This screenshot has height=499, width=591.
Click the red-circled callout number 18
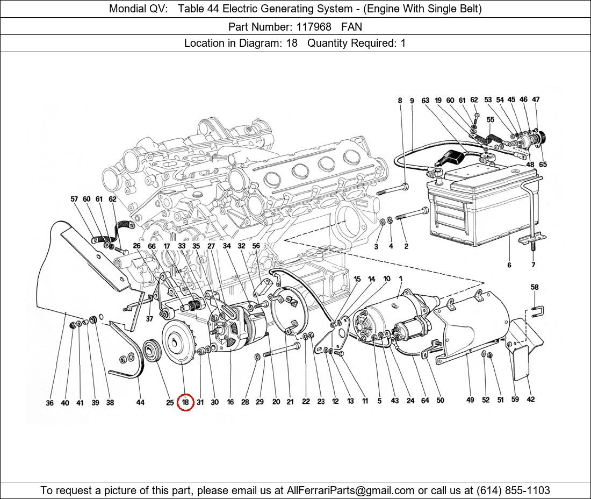click(185, 402)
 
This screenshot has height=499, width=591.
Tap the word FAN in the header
click(351, 26)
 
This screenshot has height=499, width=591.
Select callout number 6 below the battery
click(509, 265)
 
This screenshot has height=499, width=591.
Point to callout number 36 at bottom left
click(50, 403)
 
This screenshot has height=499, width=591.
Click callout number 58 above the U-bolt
click(534, 288)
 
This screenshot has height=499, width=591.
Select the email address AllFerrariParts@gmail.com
click(351, 490)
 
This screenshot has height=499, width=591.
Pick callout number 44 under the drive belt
click(140, 402)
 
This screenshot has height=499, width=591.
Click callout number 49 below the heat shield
click(470, 400)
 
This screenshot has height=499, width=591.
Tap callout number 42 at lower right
click(530, 400)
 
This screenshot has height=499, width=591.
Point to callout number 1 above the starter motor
click(401, 279)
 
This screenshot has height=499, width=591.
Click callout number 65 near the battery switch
click(543, 165)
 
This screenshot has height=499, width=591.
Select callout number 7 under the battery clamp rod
click(534, 265)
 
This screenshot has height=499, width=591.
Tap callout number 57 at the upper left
click(74, 199)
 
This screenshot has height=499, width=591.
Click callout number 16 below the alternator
click(230, 402)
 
